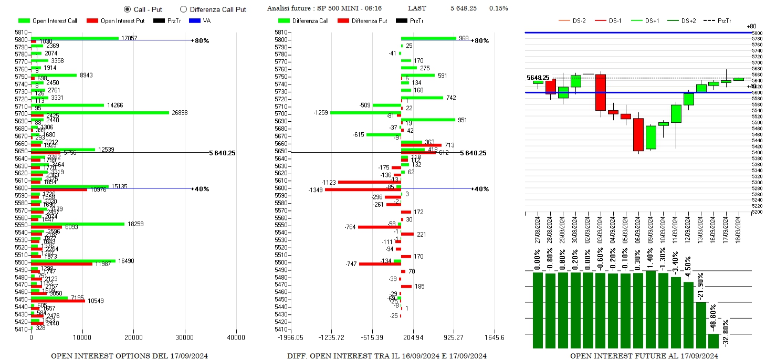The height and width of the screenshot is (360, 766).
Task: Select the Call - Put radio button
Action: tap(128, 9)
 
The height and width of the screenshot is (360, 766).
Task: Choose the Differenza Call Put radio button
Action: tap(183, 9)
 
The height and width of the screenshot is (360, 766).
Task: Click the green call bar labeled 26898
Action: tap(100, 112)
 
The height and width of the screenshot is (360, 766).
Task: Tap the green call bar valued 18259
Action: tap(78, 224)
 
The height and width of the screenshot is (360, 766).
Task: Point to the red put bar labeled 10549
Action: tap(58, 301)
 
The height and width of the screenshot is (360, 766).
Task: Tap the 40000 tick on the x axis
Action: tap(236, 337)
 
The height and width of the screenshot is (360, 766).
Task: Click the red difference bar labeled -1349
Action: tap(363, 189)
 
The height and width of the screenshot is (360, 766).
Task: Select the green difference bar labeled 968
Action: tap(428, 38)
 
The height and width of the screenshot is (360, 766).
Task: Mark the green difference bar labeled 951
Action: tap(428, 120)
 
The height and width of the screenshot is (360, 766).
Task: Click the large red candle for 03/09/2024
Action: tap(601, 92)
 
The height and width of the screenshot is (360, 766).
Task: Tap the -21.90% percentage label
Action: tap(700, 287)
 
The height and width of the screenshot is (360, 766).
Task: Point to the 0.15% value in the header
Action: tap(498, 8)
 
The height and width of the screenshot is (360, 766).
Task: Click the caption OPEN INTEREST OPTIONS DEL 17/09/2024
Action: tap(129, 356)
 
